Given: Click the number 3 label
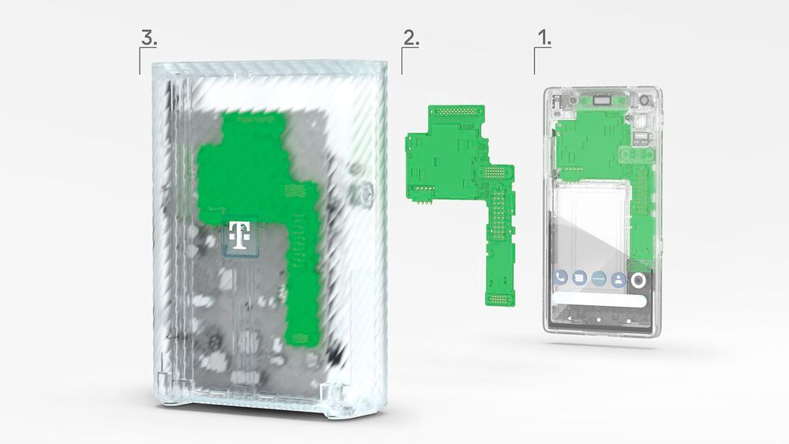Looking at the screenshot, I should [148, 37].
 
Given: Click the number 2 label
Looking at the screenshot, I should [410, 37].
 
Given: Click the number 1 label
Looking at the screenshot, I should [544, 37].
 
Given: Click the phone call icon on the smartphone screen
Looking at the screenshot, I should [561, 278].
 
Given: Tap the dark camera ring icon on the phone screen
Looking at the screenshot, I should [638, 280].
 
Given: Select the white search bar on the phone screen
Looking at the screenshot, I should [600, 300].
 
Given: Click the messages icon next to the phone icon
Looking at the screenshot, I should [580, 278].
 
